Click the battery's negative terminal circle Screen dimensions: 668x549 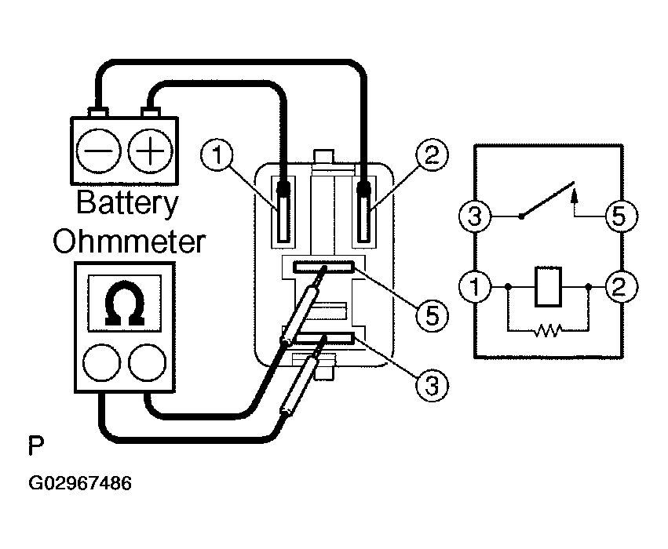click(98, 151)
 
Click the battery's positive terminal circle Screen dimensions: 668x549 click(151, 151)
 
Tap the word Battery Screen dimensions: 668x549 click(127, 204)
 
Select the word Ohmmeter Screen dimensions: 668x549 click(129, 242)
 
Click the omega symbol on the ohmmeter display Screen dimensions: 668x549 click(124, 303)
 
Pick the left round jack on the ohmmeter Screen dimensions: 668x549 click(101, 362)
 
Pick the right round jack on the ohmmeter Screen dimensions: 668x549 click(148, 362)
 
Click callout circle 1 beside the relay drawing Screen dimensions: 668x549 click(217, 155)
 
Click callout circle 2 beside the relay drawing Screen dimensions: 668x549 click(432, 155)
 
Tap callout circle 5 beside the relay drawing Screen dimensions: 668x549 click(432, 316)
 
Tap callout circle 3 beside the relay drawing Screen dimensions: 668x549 click(432, 386)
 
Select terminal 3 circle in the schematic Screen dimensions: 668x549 click(475, 216)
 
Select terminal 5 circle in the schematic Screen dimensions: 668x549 click(622, 216)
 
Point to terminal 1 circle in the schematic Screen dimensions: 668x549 click(475, 286)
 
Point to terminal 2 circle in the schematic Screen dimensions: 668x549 click(622, 286)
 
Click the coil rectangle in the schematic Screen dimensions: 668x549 click(548, 286)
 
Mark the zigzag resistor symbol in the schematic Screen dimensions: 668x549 click(548, 330)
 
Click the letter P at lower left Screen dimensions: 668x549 click(36, 445)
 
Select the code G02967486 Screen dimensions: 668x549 click(80, 483)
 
